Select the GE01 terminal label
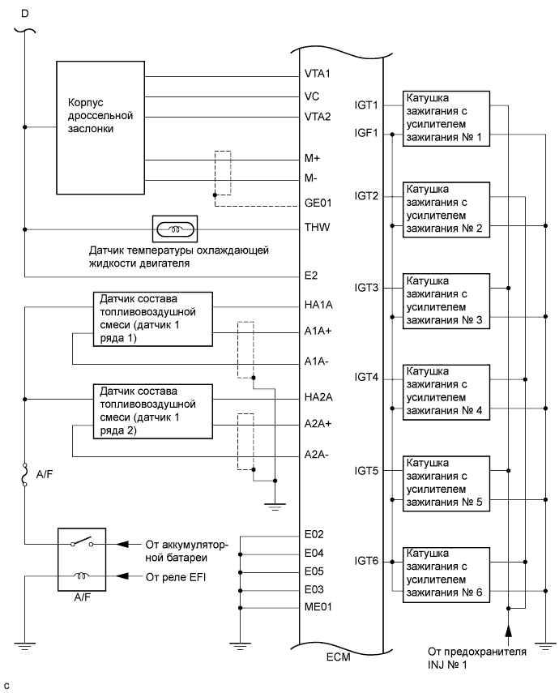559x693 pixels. (x=318, y=205)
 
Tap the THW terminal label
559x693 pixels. (x=316, y=228)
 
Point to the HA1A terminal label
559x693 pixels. (x=317, y=306)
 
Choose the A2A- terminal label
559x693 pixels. (x=317, y=454)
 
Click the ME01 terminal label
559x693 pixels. (x=318, y=606)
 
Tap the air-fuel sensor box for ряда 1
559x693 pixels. (x=152, y=319)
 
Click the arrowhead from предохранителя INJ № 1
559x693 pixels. (x=509, y=629)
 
